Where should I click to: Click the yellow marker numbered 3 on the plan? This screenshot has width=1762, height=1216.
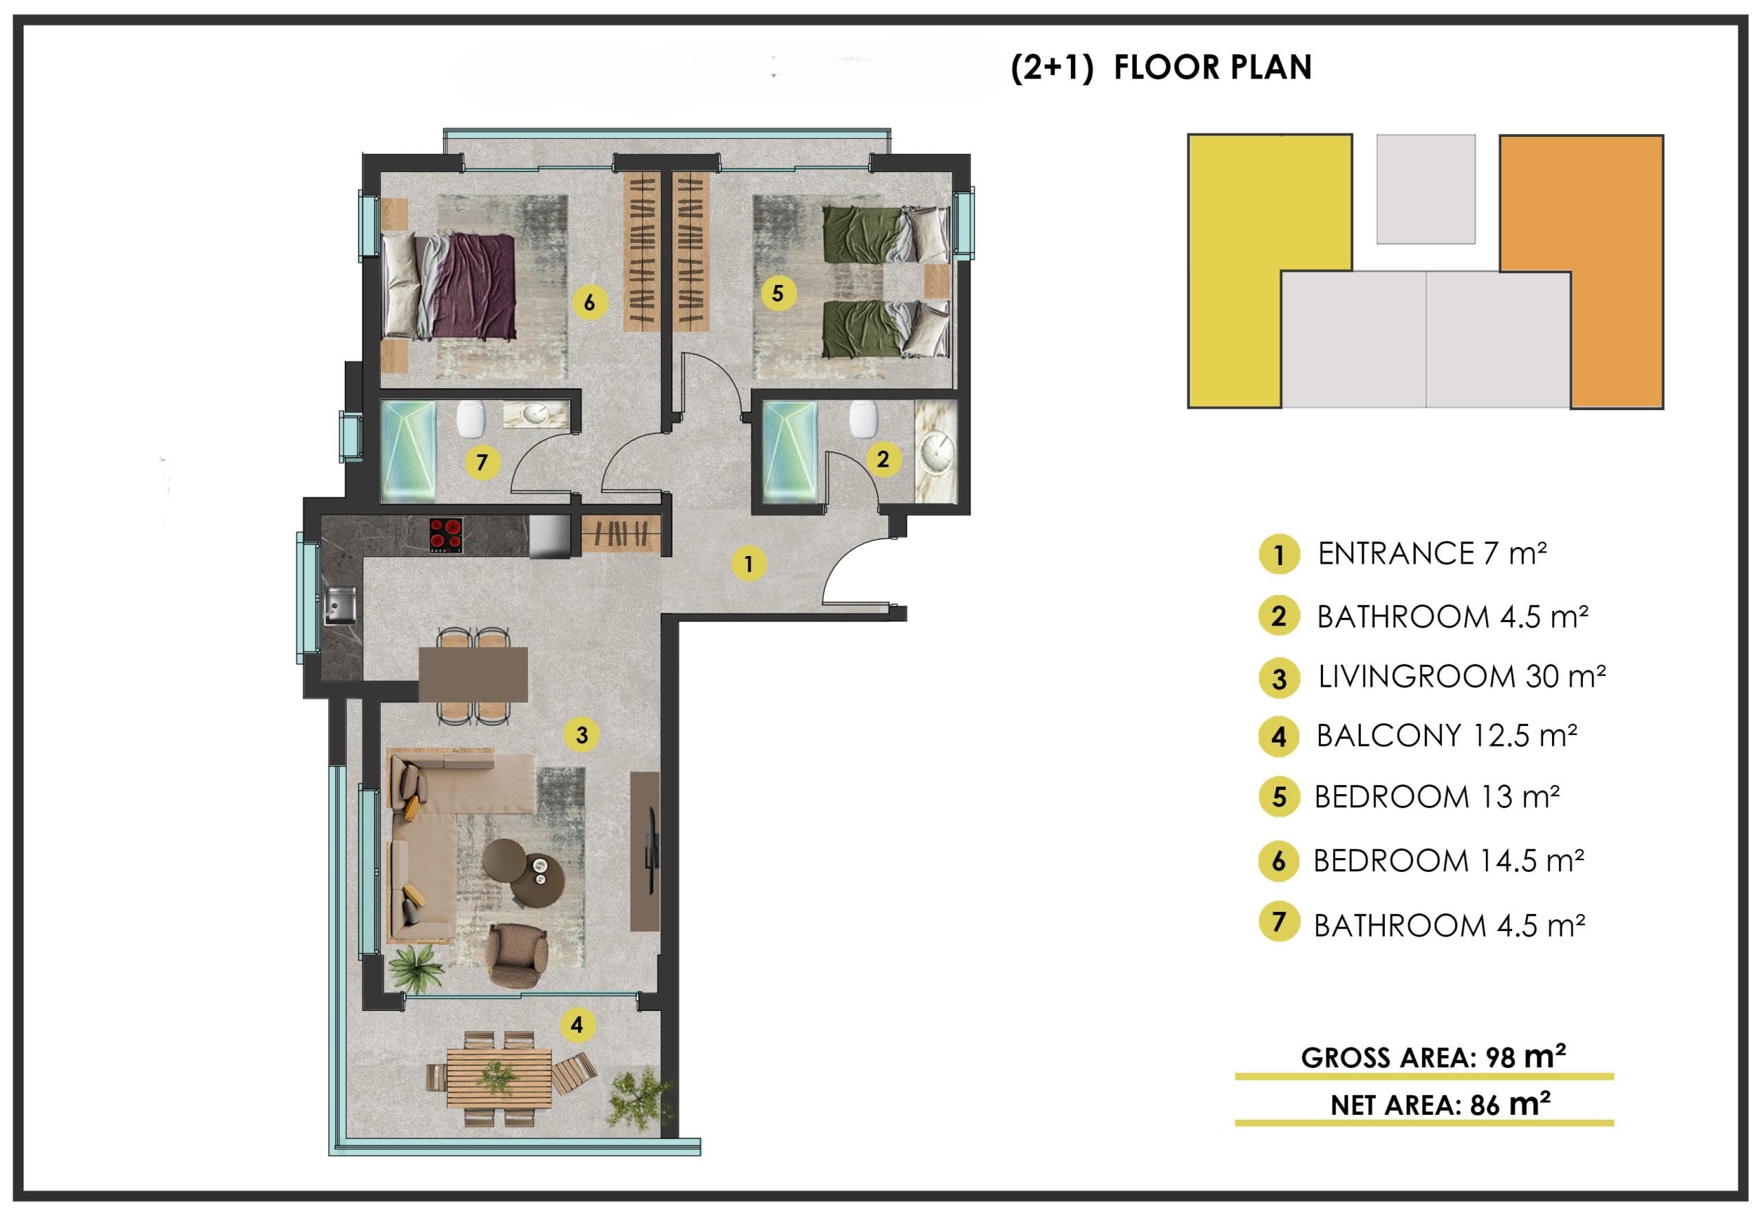pyautogui.click(x=582, y=735)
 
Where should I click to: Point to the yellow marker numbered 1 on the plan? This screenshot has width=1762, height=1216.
pyautogui.click(x=748, y=564)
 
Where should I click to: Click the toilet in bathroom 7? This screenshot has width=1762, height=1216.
pyautogui.click(x=470, y=418)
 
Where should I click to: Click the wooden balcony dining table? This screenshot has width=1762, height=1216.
pyautogui.click(x=499, y=1078)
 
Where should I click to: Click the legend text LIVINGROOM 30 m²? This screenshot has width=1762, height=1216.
pyautogui.click(x=1462, y=676)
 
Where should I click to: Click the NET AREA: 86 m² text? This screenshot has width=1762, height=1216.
pyautogui.click(x=1440, y=1104)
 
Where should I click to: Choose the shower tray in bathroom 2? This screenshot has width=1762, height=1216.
pyautogui.click(x=790, y=453)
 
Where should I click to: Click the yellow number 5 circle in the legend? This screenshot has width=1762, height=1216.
pyautogui.click(x=1279, y=797)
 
